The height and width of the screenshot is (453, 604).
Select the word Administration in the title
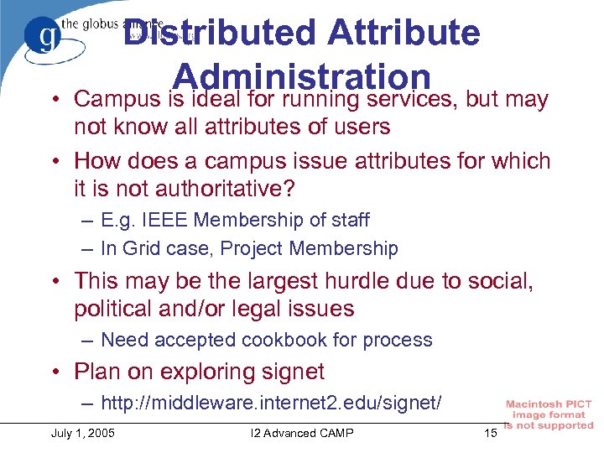[x=305, y=77]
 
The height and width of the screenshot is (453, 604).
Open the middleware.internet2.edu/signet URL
[x=271, y=404]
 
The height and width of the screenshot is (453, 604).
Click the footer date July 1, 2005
[x=83, y=433]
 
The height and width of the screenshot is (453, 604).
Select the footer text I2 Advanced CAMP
[x=303, y=433]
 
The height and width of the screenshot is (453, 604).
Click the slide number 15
[x=491, y=433]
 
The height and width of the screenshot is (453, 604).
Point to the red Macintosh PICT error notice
[x=549, y=415]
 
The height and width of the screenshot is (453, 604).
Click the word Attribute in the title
[x=404, y=34]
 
